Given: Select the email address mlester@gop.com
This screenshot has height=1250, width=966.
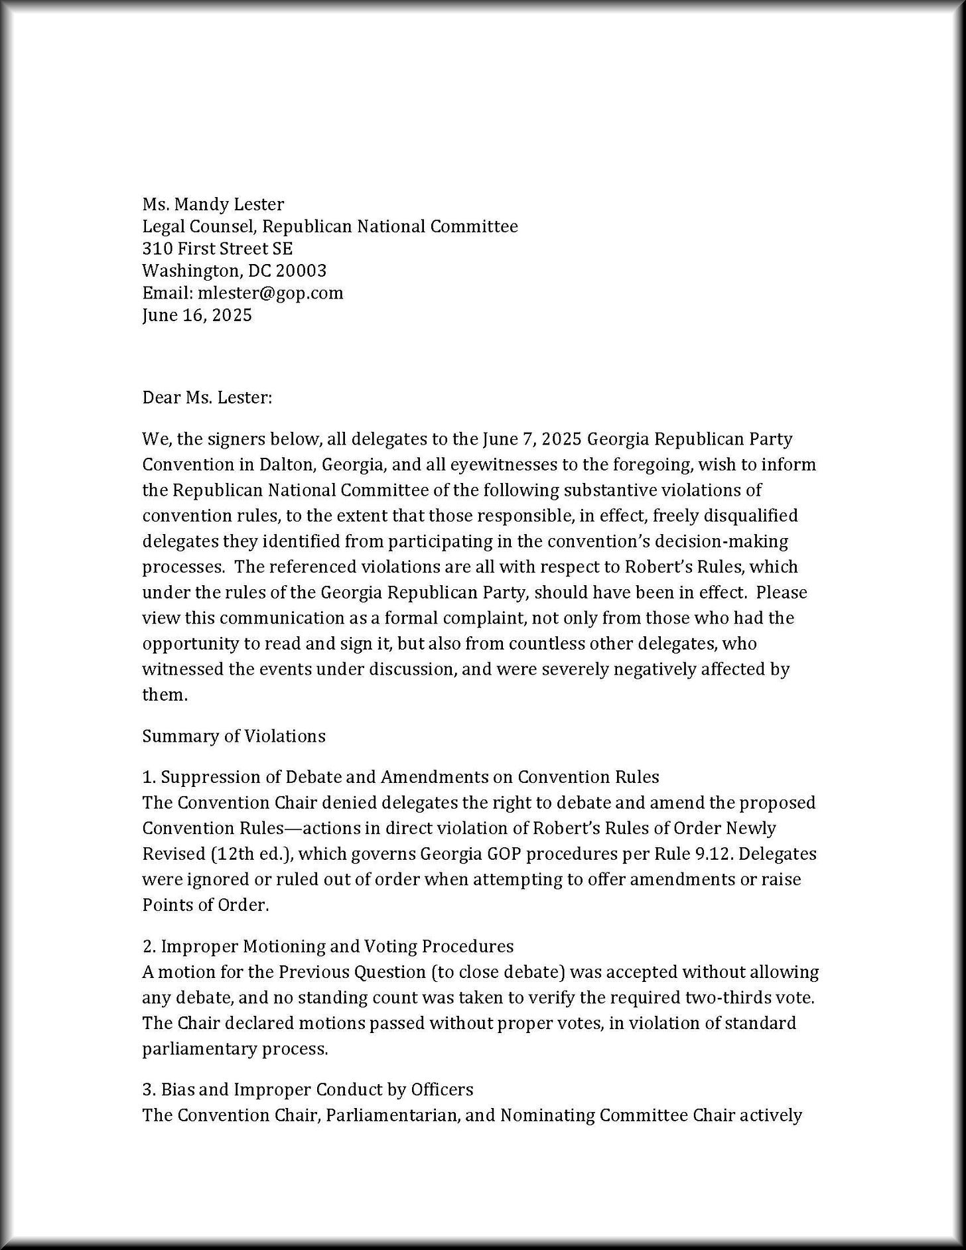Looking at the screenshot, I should click(270, 293).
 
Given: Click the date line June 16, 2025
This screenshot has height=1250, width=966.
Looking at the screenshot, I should click(197, 315).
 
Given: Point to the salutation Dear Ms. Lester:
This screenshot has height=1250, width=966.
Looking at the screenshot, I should click(207, 398).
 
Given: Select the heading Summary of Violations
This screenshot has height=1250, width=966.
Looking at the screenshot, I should click(234, 736).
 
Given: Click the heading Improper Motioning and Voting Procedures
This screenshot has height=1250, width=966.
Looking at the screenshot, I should click(337, 946).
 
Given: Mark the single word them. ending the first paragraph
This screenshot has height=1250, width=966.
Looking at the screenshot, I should click(165, 695).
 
